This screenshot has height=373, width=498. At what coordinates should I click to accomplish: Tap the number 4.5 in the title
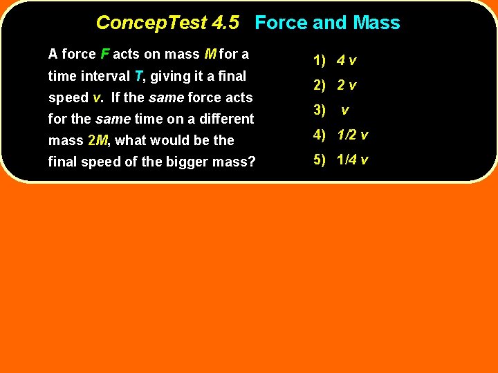coord(225,23)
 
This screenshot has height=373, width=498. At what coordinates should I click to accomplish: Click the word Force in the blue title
coord(281,23)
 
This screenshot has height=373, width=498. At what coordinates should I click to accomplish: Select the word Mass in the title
coord(376,23)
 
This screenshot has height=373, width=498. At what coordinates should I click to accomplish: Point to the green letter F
coord(104,54)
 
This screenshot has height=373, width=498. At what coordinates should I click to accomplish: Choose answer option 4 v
coord(347,60)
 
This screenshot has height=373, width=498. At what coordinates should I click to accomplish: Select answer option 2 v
coord(347,86)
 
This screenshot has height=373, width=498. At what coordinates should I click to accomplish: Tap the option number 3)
coord(319,110)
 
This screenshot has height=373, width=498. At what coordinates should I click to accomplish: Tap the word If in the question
coord(116,97)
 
